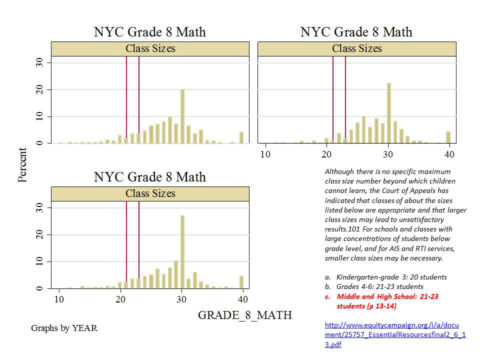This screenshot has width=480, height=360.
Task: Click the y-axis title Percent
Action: coord(22,165)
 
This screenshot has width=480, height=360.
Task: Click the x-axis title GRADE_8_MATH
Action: coord(245,315)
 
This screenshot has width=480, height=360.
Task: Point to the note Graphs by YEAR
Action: coord(64,328)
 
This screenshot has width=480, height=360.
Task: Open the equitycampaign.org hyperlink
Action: coord(395,334)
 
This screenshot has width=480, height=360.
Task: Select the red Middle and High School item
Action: coord(387,296)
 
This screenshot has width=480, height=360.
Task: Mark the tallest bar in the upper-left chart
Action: coord(182,116)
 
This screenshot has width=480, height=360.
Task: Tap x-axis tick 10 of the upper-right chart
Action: coord(265,153)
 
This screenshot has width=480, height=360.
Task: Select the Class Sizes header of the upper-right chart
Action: coord(356,48)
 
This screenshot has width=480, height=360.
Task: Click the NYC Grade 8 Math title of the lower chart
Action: coord(150,177)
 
